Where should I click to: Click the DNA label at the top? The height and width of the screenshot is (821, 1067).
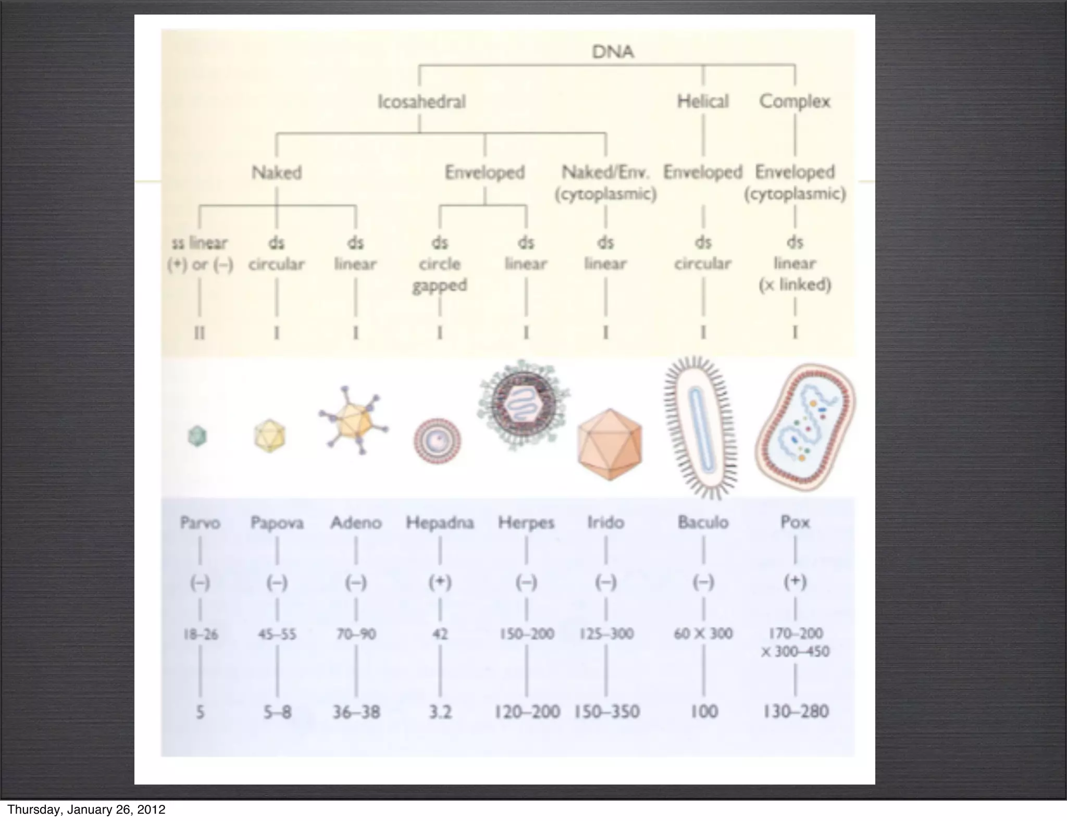[x=613, y=52]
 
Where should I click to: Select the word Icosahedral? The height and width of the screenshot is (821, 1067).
[x=421, y=101]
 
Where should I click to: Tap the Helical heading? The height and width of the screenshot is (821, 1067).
[x=702, y=101]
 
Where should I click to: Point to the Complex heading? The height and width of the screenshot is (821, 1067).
[x=795, y=101]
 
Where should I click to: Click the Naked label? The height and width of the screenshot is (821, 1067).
[x=277, y=172]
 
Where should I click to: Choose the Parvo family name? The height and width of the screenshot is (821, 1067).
[x=200, y=523]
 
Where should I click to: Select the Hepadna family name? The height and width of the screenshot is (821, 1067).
[x=440, y=523]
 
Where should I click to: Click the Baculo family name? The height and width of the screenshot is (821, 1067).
[x=703, y=522]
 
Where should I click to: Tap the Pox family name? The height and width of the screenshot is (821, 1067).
[x=795, y=522]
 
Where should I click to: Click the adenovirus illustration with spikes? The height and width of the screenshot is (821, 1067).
[x=354, y=420]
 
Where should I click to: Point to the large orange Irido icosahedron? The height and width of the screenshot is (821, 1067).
[x=610, y=444]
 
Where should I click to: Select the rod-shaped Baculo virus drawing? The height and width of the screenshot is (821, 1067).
[x=700, y=427]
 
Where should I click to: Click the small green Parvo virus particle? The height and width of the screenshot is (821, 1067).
[x=197, y=436]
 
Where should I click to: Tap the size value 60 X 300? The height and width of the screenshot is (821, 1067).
[x=703, y=633]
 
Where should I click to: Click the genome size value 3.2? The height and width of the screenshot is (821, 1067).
[x=440, y=712]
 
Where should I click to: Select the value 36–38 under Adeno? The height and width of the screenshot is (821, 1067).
[x=356, y=712]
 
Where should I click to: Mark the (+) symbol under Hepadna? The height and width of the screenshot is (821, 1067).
[x=440, y=582]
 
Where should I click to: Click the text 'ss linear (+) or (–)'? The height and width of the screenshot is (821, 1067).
[x=200, y=254]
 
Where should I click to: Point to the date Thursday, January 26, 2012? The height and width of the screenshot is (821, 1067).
[x=86, y=810]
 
